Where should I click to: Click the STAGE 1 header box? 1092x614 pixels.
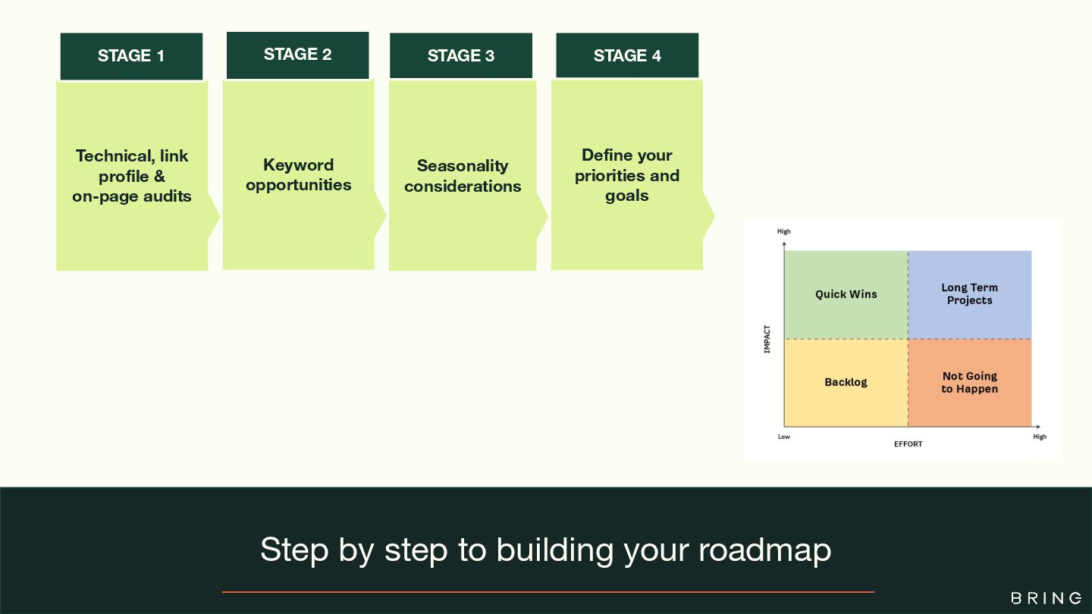tap(131, 56)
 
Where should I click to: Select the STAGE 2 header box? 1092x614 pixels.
tap(297, 55)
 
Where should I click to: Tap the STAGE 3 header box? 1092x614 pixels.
tap(461, 56)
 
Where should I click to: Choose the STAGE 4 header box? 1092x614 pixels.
tap(627, 56)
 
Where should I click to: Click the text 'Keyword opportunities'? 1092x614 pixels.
tap(299, 175)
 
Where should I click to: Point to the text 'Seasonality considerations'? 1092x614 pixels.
tap(463, 176)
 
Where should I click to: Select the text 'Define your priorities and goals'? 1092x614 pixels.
tap(627, 175)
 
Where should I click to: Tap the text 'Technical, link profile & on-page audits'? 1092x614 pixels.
tap(132, 176)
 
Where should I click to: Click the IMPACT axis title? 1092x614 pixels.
tap(767, 339)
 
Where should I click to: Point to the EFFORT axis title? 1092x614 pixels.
tap(908, 443)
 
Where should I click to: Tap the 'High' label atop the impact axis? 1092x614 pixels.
tap(784, 231)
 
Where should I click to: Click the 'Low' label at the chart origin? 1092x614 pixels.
tap(783, 437)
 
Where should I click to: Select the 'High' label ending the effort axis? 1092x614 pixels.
tap(1040, 437)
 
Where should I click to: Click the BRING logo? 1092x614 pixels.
tap(1046, 598)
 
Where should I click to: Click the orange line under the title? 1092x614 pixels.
tap(548, 591)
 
